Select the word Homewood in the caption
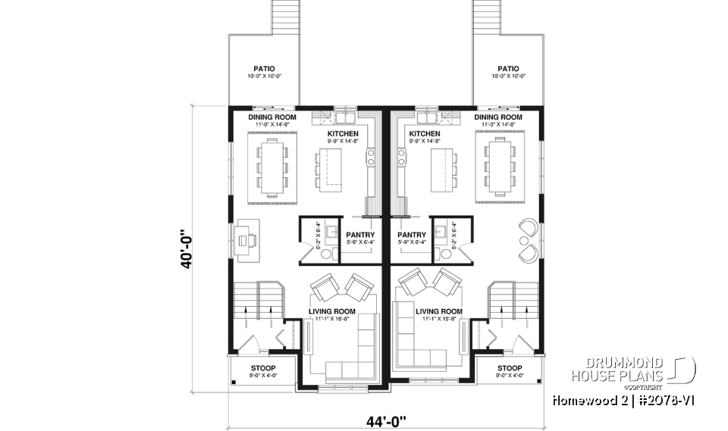[582, 399]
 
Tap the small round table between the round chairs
[524, 239]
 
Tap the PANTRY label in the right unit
[411, 235]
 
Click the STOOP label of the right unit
[509, 368]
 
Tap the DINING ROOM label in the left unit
[271, 117]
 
